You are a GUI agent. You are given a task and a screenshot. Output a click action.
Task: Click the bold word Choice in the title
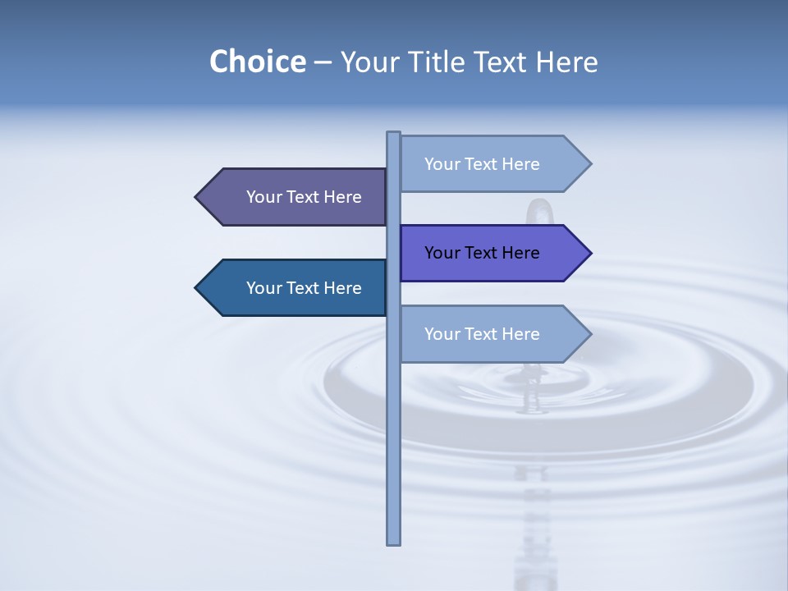click(257, 62)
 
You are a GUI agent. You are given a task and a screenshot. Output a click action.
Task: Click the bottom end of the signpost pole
click(394, 542)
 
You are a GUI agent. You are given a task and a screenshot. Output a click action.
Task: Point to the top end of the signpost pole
click(394, 134)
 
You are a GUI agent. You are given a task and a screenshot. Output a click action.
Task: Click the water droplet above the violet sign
click(538, 212)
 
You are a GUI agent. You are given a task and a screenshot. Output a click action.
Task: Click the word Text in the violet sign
click(482, 253)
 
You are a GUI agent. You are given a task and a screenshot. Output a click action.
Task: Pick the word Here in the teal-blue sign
click(342, 288)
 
